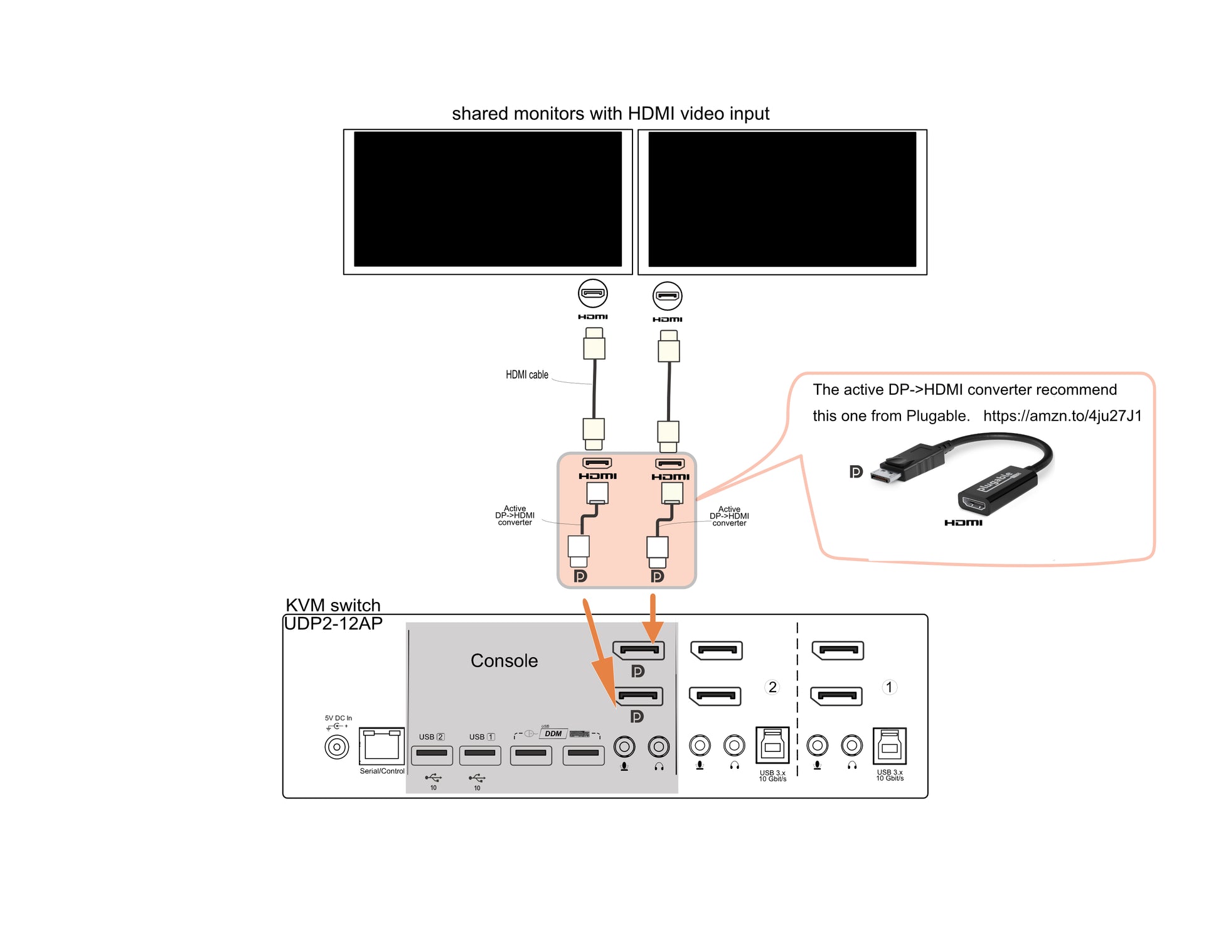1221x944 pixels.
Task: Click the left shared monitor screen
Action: tap(488, 200)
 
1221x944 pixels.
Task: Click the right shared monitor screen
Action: tap(782, 200)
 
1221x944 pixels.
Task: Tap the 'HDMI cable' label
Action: tap(527, 375)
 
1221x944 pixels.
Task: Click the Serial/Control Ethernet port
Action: tap(381, 746)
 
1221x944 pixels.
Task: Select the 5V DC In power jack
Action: tap(337, 747)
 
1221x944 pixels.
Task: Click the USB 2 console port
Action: tap(432, 753)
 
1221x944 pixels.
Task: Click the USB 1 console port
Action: tap(480, 753)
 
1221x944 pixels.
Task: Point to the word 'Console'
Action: tap(504, 661)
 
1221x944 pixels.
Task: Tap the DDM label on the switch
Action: tap(553, 734)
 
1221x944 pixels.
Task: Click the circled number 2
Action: tap(772, 687)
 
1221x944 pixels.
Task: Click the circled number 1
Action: tap(889, 687)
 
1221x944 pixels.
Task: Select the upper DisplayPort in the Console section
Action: tap(639, 650)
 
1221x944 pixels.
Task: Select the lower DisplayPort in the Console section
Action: tap(638, 695)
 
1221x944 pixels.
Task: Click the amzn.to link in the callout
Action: tap(1062, 416)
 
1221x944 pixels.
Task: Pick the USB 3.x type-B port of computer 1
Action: tap(890, 746)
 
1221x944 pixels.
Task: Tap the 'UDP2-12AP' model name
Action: tap(333, 624)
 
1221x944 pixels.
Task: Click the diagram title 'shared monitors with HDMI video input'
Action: tap(610, 114)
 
